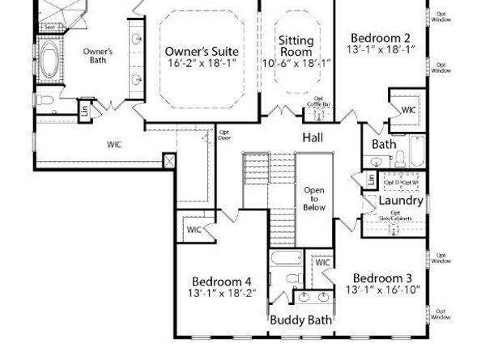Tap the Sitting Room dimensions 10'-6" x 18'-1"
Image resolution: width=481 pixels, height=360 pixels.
tap(296, 63)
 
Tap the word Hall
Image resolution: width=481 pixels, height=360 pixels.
tap(313, 138)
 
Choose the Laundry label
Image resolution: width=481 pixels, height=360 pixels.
tap(401, 201)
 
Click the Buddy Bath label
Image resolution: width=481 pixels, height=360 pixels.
tap(300, 320)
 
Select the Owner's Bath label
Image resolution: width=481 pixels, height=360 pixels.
tap(97, 56)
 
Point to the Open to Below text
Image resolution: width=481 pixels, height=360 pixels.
tap(314, 199)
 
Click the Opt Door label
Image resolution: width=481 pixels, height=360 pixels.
tap(224, 135)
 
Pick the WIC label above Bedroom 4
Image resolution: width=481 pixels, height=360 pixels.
tap(194, 230)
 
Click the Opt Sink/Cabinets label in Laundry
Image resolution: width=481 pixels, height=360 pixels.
tap(395, 216)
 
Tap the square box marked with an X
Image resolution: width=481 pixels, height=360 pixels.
tap(168, 160)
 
